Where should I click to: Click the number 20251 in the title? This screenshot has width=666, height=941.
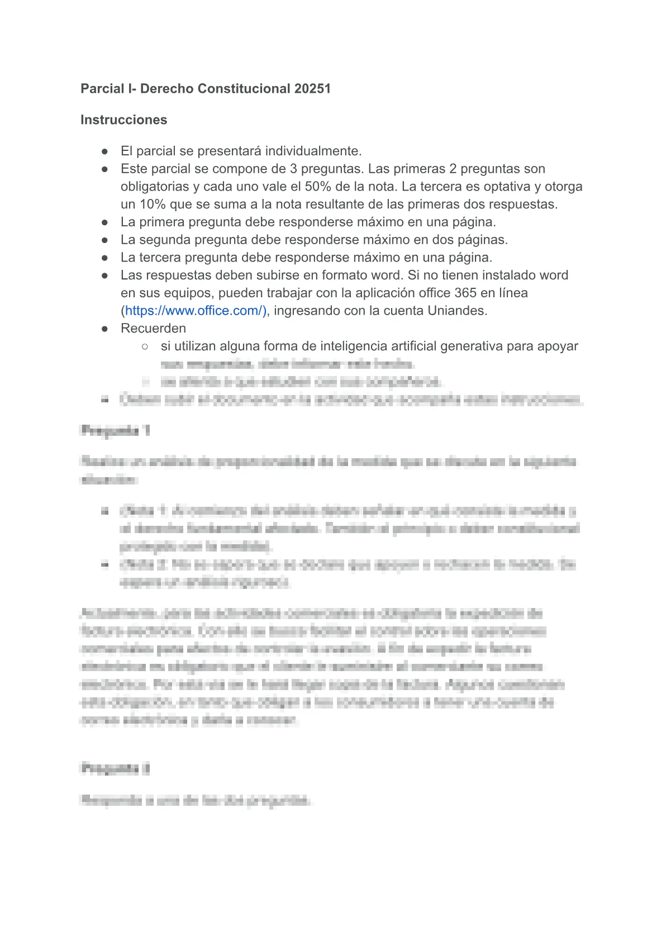pyautogui.click(x=312, y=88)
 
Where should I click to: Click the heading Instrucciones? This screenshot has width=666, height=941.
pyautogui.click(x=123, y=120)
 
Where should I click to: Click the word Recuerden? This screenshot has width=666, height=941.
pyautogui.click(x=153, y=329)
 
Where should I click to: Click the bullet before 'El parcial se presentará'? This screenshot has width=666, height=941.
pyautogui.click(x=104, y=151)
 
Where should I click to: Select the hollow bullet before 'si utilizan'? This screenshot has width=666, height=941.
pyautogui.click(x=145, y=346)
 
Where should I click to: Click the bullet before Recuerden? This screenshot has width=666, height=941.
pyautogui.click(x=104, y=329)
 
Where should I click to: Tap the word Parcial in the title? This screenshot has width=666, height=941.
pyautogui.click(x=102, y=88)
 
